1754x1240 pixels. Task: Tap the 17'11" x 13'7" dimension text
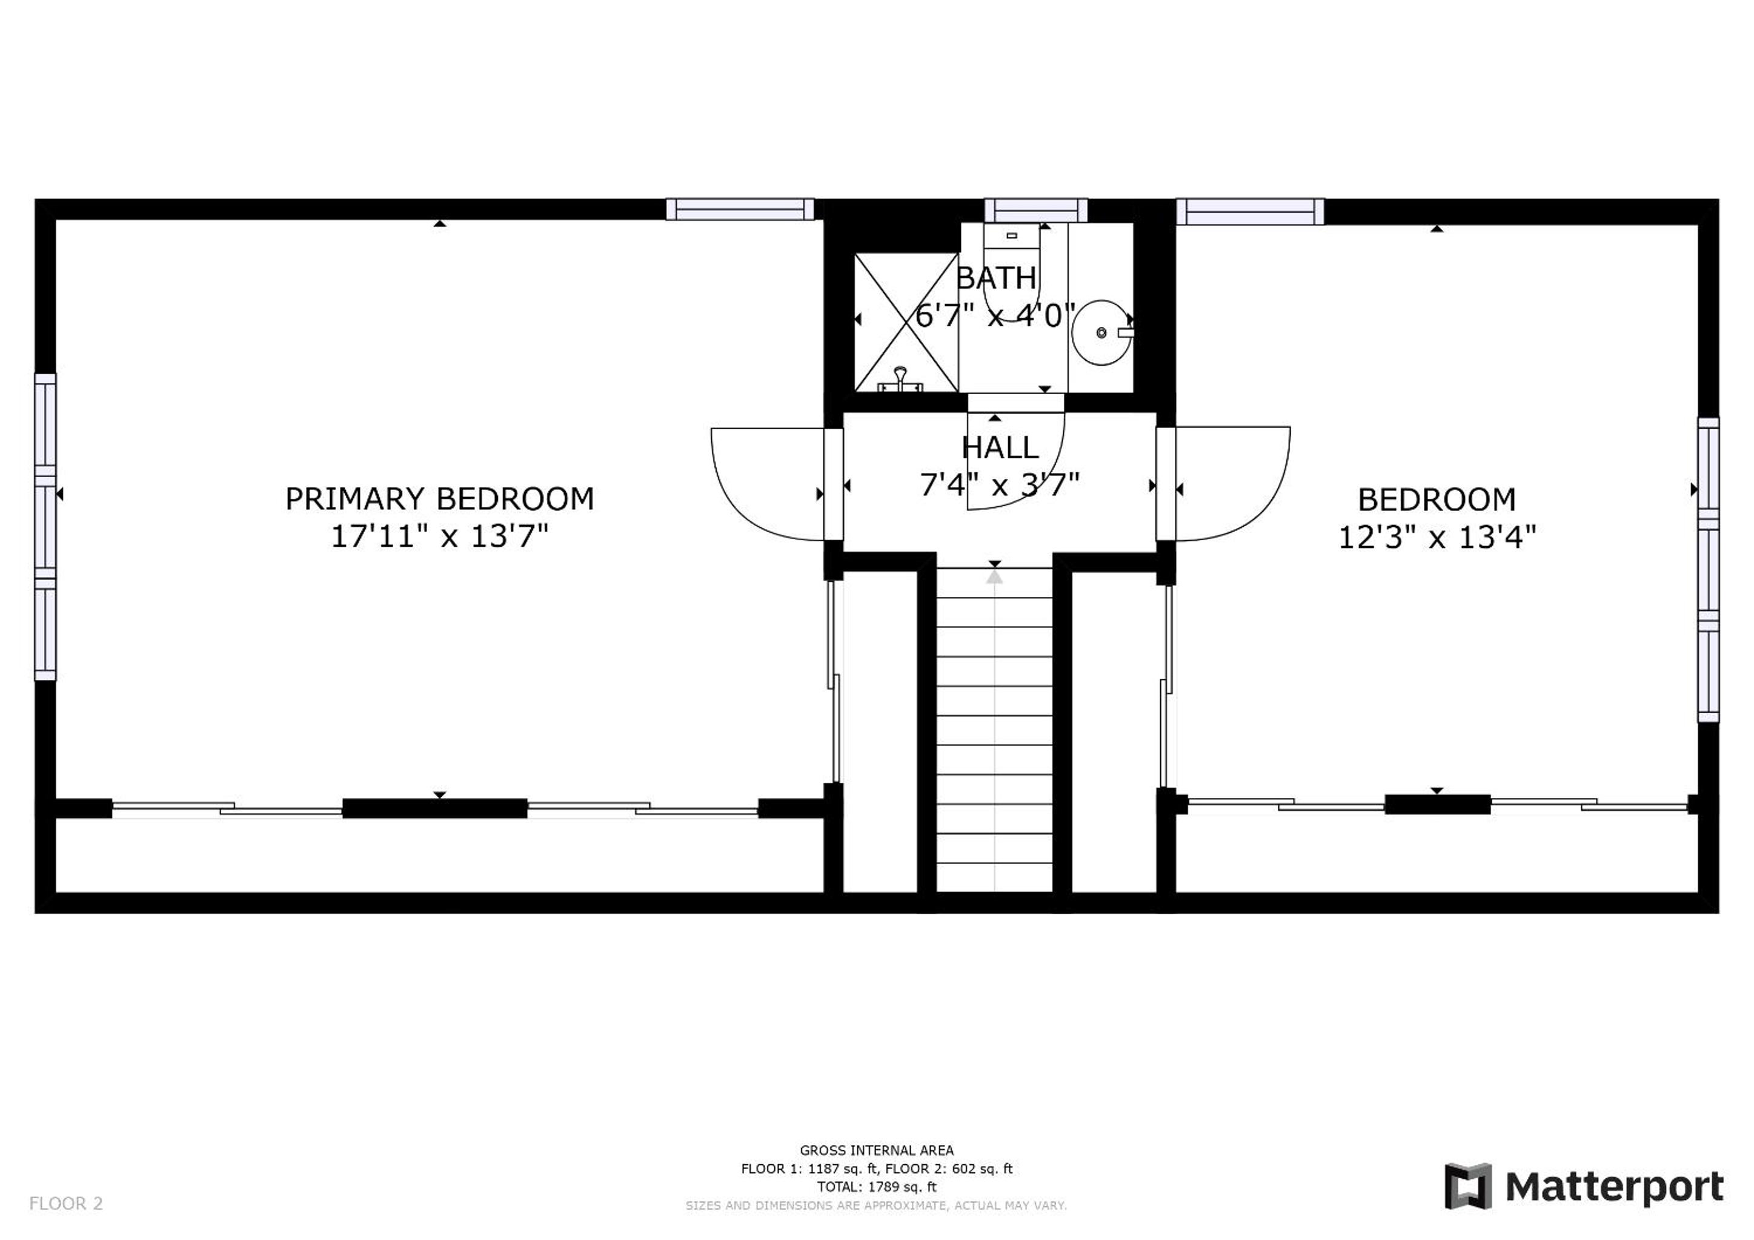pyautogui.click(x=439, y=536)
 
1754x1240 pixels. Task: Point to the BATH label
pyautogui.click(x=996, y=278)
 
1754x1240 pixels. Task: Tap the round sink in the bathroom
pyautogui.click(x=1102, y=333)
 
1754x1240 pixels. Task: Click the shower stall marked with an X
pyautogui.click(x=906, y=322)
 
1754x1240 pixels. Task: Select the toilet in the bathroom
pyautogui.click(x=1011, y=272)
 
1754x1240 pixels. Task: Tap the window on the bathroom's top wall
pyautogui.click(x=1036, y=210)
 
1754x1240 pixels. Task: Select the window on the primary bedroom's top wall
pyautogui.click(x=740, y=209)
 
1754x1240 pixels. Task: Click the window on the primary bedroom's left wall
pyautogui.click(x=45, y=527)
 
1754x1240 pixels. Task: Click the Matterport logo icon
pyautogui.click(x=1467, y=1187)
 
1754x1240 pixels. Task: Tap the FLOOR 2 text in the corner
pyautogui.click(x=65, y=1204)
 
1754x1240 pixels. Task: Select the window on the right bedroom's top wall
pyautogui.click(x=1251, y=211)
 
